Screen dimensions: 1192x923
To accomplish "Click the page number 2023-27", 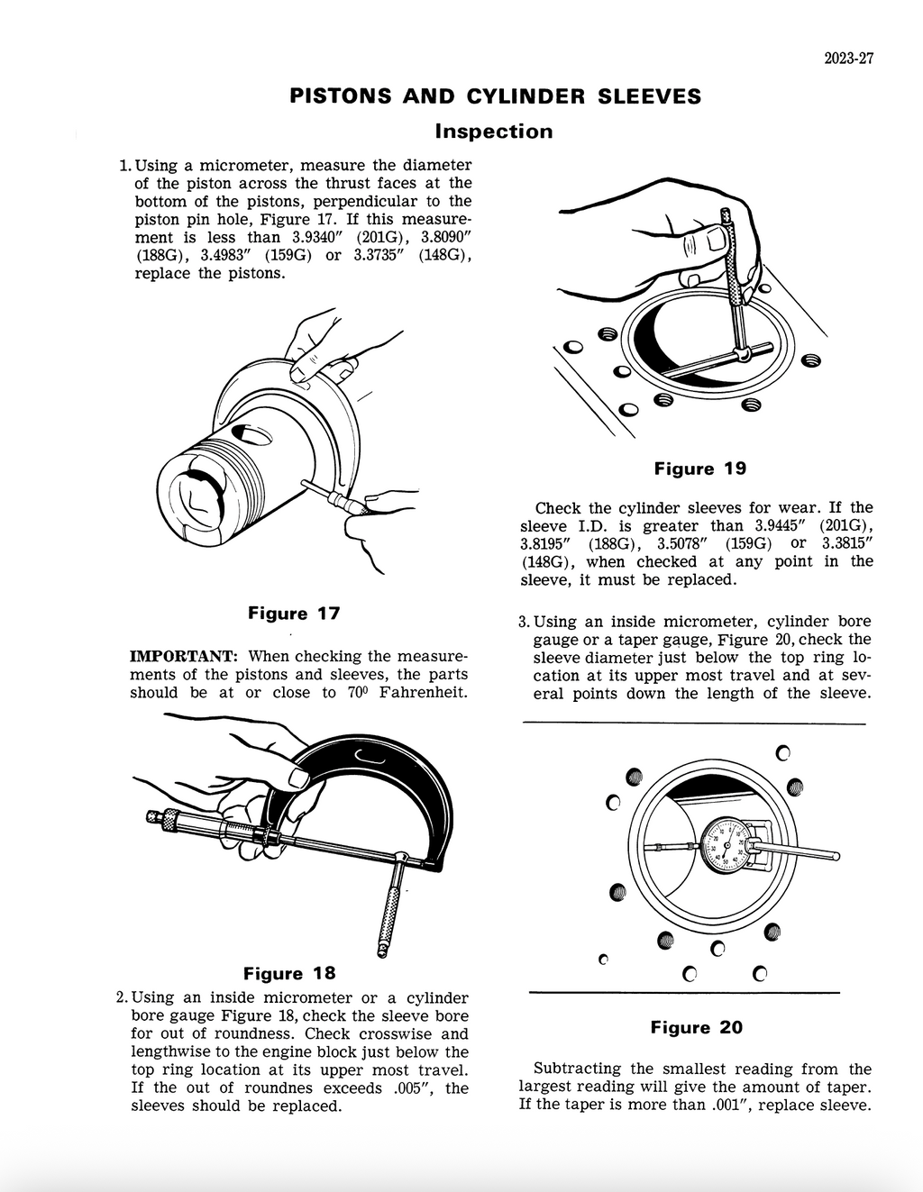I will point(848,59).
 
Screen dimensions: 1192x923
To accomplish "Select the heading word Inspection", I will point(494,132).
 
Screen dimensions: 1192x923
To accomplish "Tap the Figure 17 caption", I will point(294,614).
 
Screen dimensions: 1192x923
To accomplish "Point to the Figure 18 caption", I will point(289,973).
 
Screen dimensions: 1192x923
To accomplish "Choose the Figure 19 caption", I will point(700,469).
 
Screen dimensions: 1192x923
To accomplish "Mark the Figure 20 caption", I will point(697,1027).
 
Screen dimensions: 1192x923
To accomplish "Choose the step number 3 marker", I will point(523,622).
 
